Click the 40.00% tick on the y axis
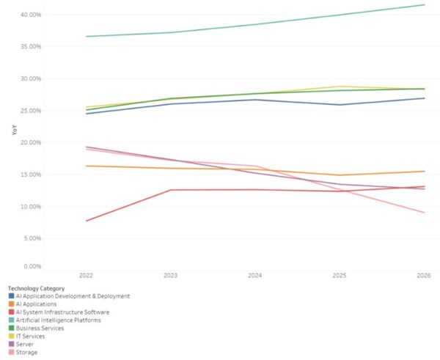pyautogui.click(x=30, y=15)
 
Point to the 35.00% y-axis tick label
pyautogui.click(x=30, y=46)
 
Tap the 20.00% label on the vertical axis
pyautogui.click(x=30, y=142)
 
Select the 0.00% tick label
pyautogui.click(x=32, y=266)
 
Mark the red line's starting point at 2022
pyautogui.click(x=85, y=221)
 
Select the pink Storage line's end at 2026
pyautogui.click(x=424, y=213)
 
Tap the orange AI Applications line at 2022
pyautogui.click(x=85, y=166)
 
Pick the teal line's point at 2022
pyautogui.click(x=85, y=36)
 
